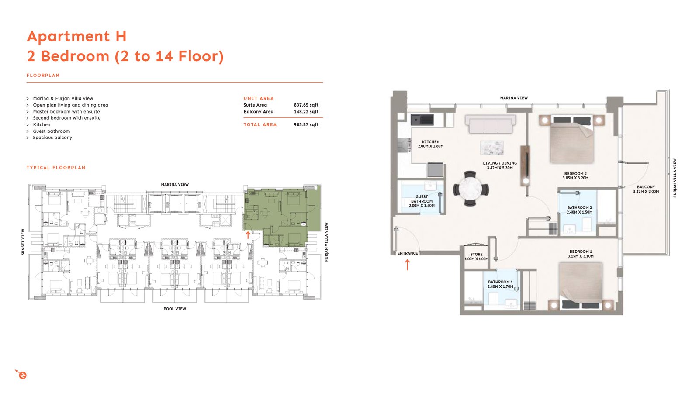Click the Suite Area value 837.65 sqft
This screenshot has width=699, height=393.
pos(306,105)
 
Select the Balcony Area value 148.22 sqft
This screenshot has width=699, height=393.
pos(306,112)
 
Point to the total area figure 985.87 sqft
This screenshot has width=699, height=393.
pos(306,125)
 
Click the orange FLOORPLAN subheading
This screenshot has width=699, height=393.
pos(43,76)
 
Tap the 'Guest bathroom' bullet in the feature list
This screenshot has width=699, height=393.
pos(52,131)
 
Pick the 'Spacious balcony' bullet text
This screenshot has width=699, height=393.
pos(52,138)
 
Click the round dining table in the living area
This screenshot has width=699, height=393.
pos(471,189)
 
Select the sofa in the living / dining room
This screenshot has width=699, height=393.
pos(490,124)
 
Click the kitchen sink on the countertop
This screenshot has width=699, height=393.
pos(422,120)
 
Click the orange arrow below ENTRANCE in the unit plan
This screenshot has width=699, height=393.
pos(407,265)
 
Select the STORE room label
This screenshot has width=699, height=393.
pos(476,255)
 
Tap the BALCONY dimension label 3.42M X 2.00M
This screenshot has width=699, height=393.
pos(646,192)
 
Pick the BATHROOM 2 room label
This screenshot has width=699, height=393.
pos(579,208)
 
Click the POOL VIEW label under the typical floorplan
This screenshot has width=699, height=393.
pos(175,309)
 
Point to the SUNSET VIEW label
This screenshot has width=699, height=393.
pos(23,242)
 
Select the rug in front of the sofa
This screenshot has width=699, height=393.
pos(492,148)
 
